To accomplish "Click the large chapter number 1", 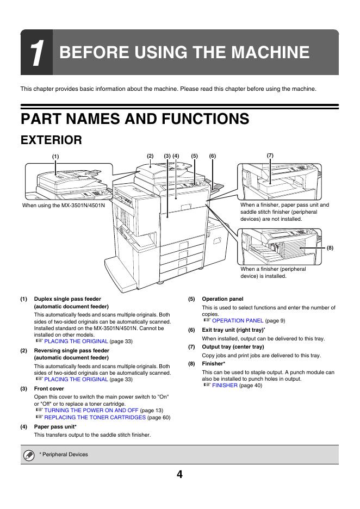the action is click(x=37, y=54).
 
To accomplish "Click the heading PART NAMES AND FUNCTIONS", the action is click(x=135, y=119).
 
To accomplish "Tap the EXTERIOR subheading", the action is click(x=51, y=140).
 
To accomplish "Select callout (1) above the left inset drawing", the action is click(x=55, y=157).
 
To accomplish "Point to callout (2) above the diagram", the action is click(x=151, y=156).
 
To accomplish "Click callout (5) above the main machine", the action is click(x=195, y=156).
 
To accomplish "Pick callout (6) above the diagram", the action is click(x=213, y=156).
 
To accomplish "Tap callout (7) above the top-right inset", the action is click(x=270, y=156).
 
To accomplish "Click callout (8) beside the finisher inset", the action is click(x=330, y=248).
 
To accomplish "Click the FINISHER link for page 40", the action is click(x=225, y=385).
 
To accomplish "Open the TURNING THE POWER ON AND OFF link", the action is click(x=91, y=410).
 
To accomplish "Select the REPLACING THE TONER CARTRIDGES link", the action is click(x=95, y=417).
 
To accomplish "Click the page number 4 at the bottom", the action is click(x=179, y=474).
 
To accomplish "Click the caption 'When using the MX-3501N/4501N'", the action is click(x=64, y=206).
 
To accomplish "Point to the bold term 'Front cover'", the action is click(x=49, y=389).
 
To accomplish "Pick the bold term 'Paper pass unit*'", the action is click(x=55, y=427).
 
